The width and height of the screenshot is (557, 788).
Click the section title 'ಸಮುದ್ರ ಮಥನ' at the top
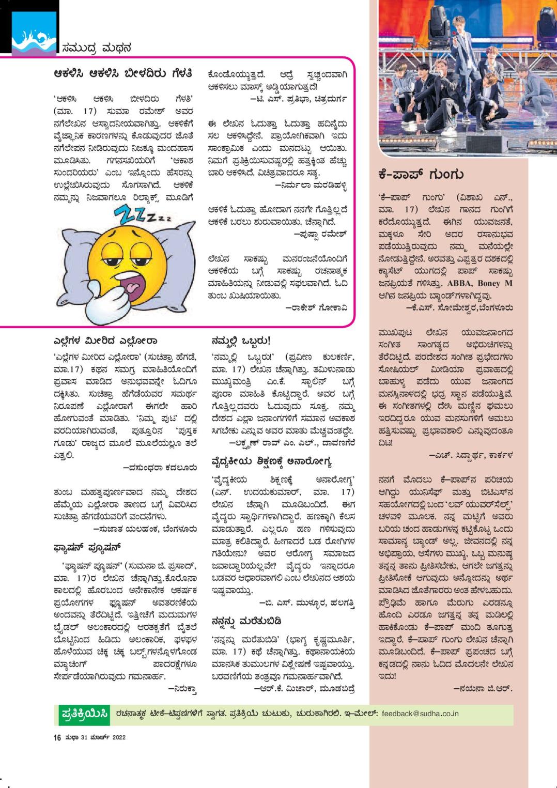pos(96,48)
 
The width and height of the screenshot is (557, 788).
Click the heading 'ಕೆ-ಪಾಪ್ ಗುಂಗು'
pos(421,175)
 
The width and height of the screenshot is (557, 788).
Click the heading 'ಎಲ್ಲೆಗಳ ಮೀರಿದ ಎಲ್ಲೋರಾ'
pos(105,341)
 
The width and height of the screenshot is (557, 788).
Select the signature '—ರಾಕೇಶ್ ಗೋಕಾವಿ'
pos(316,308)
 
